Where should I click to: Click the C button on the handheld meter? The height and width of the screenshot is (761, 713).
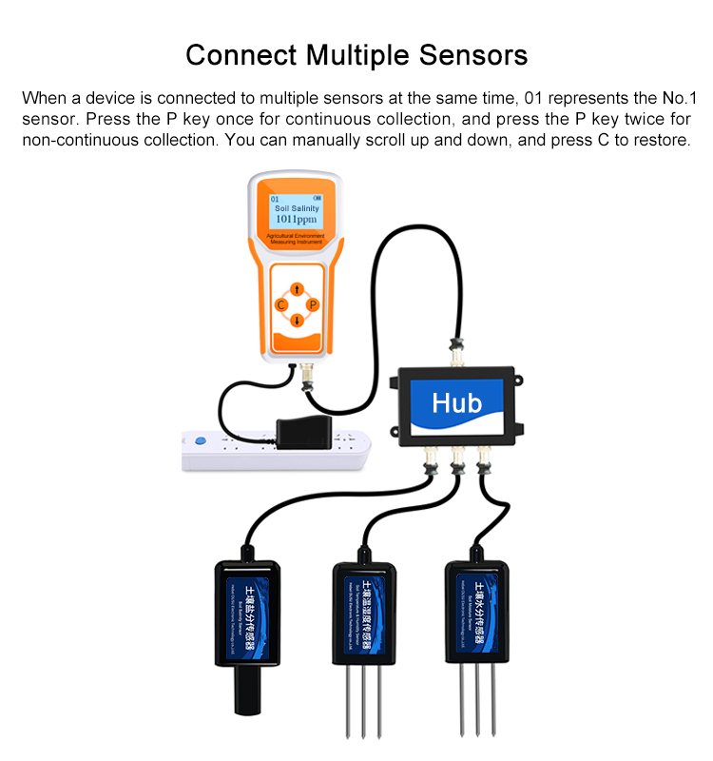(280, 304)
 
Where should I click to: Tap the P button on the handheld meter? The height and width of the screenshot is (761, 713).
(312, 304)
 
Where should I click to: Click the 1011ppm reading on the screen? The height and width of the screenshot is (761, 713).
(296, 219)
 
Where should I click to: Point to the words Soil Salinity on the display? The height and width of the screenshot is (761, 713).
(297, 207)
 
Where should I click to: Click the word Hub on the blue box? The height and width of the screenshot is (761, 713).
(457, 402)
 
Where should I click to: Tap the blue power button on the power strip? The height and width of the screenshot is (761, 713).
(200, 441)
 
